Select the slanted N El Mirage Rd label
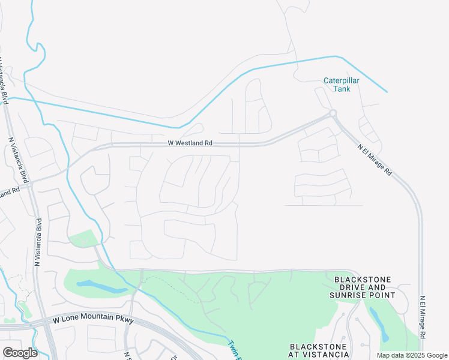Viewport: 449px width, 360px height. click(375, 159)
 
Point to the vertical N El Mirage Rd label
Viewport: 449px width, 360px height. click(423, 322)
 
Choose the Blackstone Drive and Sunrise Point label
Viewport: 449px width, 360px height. click(362, 287)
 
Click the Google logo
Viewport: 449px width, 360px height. click(20, 353)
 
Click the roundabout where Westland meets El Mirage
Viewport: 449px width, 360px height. click(333, 113)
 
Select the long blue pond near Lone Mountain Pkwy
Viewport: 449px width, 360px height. click(102, 287)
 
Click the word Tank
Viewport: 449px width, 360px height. click(342, 89)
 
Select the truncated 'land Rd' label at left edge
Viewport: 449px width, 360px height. click(10, 192)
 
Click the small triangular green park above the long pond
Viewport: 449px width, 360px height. click(82, 239)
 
